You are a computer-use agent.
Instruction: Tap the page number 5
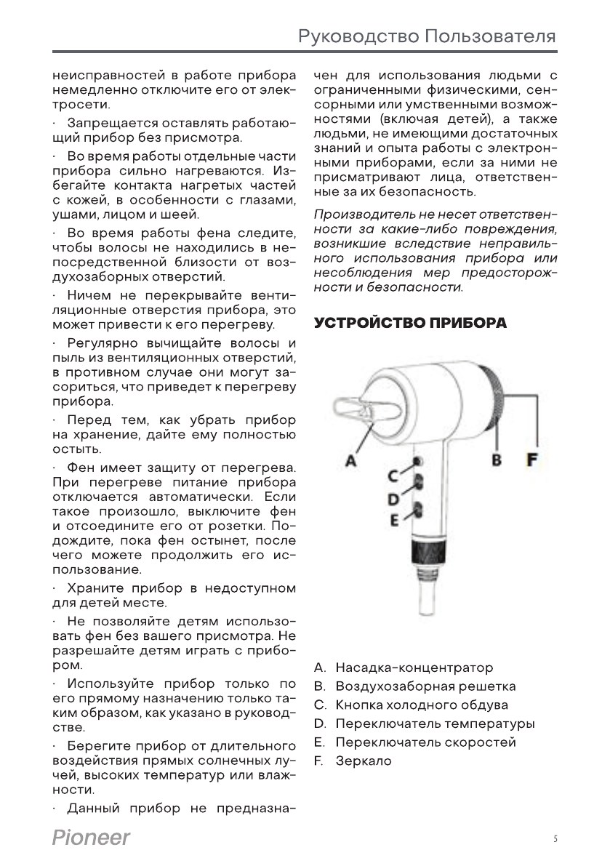click(x=555, y=839)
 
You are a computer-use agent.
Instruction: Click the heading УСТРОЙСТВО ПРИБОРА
click(x=410, y=323)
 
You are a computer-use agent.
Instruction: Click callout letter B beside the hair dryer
click(x=497, y=460)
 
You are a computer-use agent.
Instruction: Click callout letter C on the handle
click(x=393, y=476)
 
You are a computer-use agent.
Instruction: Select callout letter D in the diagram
click(x=393, y=499)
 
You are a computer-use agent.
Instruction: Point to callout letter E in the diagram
click(x=394, y=521)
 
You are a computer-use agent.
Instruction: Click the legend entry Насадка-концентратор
click(x=414, y=667)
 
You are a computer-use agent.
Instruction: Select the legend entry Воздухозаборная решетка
click(x=425, y=686)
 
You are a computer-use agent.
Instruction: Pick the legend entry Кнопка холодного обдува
click(x=422, y=705)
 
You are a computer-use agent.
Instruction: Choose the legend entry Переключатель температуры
click(x=435, y=724)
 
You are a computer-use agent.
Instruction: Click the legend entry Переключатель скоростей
click(x=425, y=742)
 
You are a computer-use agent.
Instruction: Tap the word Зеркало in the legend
click(x=364, y=761)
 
